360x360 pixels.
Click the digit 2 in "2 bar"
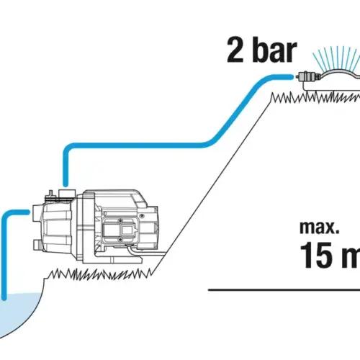pos(235,50)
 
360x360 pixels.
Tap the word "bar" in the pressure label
pos(274,50)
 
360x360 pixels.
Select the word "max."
pos(320,228)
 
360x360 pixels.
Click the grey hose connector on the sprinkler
pos(308,76)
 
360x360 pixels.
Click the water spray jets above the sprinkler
pos(338,58)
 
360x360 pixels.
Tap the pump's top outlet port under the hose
pos(67,193)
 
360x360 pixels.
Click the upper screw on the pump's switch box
pos(121,221)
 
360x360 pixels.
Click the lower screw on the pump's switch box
pos(120,239)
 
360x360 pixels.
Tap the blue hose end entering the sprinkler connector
pos(290,77)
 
